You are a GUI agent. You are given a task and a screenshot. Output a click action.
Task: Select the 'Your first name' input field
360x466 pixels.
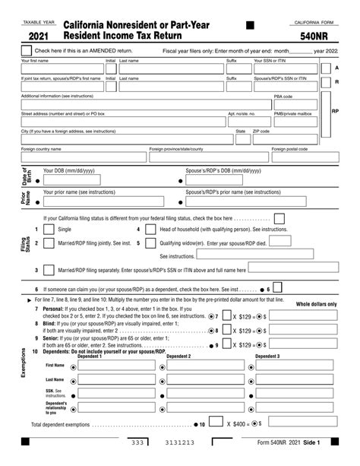click(x=62, y=69)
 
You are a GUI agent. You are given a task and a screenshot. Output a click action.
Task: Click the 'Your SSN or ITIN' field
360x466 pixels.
click(x=288, y=69)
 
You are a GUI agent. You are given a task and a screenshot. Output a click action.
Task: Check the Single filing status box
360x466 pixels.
click(x=49, y=229)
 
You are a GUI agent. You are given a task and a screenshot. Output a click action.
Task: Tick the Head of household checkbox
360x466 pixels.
click(x=148, y=229)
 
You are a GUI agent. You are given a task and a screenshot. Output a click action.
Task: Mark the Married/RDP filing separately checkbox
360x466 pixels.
click(x=49, y=270)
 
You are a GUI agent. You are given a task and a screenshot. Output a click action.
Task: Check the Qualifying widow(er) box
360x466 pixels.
click(x=148, y=244)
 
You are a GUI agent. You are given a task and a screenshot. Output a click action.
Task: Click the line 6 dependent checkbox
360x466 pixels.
click(x=278, y=288)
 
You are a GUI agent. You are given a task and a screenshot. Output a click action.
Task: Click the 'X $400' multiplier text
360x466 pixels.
click(x=238, y=423)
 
